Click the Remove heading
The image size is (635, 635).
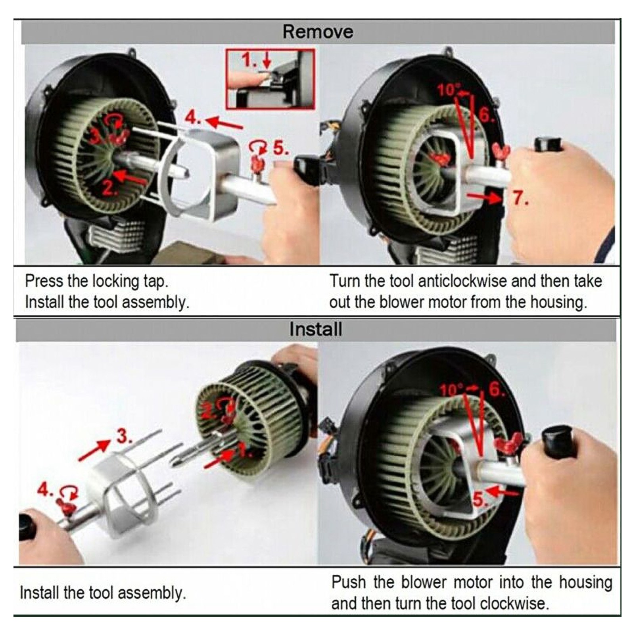coord(318,32)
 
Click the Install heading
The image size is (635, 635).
coord(315,330)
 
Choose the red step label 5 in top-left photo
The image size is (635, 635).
coord(281,149)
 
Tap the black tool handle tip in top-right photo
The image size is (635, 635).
coord(549,144)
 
